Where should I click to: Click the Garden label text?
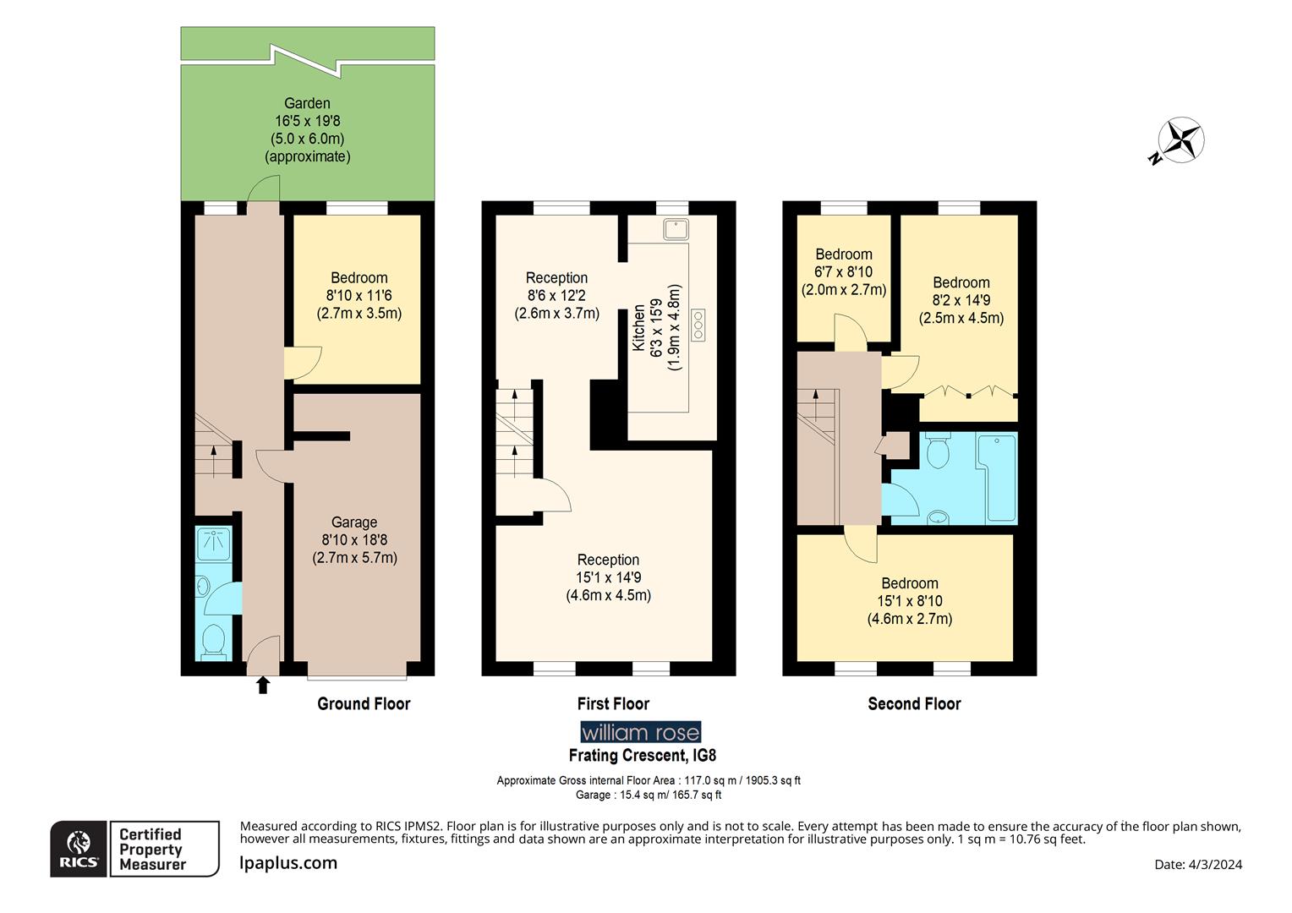click(x=307, y=104)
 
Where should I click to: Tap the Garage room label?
click(x=354, y=522)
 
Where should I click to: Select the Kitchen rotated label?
click(x=639, y=328)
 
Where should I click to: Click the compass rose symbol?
click(x=1180, y=140)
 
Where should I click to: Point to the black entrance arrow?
click(x=263, y=684)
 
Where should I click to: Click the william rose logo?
click(x=640, y=732)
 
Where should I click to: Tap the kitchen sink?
click(x=676, y=228)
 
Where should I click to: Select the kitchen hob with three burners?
click(x=698, y=325)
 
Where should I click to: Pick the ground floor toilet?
click(x=214, y=640)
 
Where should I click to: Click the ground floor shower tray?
click(x=211, y=544)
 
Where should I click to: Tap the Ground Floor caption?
click(x=364, y=703)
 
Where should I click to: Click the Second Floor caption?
click(x=914, y=703)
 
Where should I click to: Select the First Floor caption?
click(x=613, y=703)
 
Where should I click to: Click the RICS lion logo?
click(x=79, y=848)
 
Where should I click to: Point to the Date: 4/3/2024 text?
click(x=1198, y=864)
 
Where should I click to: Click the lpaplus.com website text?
click(x=288, y=863)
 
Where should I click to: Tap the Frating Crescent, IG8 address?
click(x=642, y=755)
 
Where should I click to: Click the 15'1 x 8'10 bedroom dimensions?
click(x=909, y=601)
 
